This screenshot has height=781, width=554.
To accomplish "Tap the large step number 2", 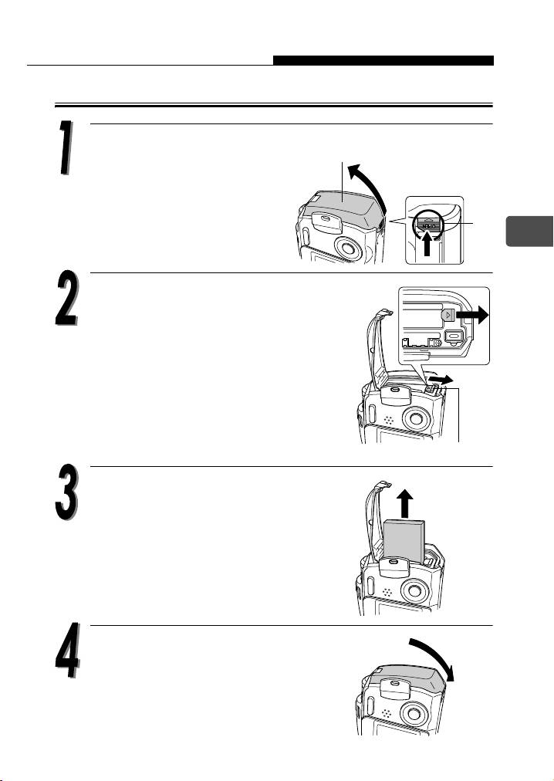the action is pos(66,299).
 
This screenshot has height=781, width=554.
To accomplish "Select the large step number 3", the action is pos(66,492).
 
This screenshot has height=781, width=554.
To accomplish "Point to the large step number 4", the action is pos(67,651).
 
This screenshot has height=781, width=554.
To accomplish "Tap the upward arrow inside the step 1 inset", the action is pos(427,244).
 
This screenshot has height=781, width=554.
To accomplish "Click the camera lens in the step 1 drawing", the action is pos(347,246).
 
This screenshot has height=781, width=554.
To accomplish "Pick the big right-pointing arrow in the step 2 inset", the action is pos(471,316).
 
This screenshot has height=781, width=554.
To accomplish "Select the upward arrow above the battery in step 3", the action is pos(407,504).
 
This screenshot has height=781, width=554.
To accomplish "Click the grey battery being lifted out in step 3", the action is pos(404,539).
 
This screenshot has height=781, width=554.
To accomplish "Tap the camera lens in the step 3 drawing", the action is pos(413,591).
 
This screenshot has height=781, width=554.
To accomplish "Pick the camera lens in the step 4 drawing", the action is pos(414,715).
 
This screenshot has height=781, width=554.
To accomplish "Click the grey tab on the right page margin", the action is pos(529,231).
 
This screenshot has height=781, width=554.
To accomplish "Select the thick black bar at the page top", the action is pos(383,60).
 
